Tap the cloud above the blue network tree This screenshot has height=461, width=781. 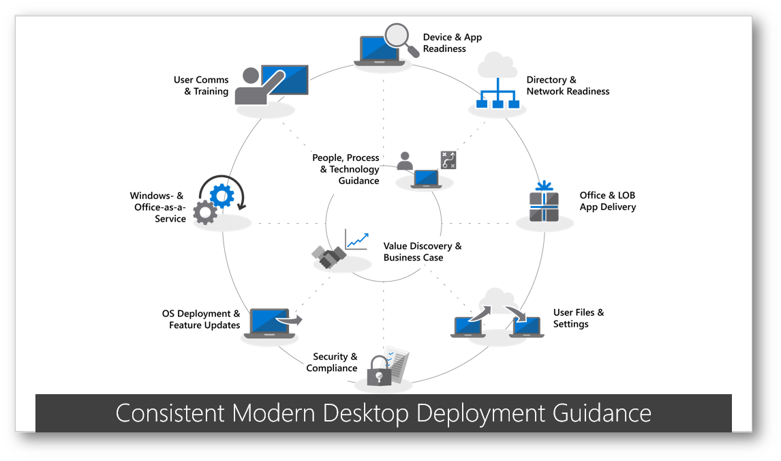tap(497, 65)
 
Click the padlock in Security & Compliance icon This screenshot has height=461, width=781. tap(379, 371)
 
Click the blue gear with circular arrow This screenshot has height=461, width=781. tap(222, 194)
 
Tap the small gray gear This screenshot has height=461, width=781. tap(205, 213)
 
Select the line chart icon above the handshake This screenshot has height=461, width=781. tap(356, 240)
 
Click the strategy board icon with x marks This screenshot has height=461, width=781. tap(448, 160)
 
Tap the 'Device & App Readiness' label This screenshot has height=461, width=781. tap(453, 43)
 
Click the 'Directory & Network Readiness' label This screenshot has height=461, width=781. tap(568, 85)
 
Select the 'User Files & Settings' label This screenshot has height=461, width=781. tap(579, 318)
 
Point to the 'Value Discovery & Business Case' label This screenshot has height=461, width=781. tap(423, 252)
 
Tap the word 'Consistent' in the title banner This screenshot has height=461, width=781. tap(170, 413)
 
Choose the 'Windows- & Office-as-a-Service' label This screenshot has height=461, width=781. tap(158, 207)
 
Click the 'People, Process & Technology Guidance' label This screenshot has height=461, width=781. tap(346, 169)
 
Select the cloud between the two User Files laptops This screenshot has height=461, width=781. tap(497, 301)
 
